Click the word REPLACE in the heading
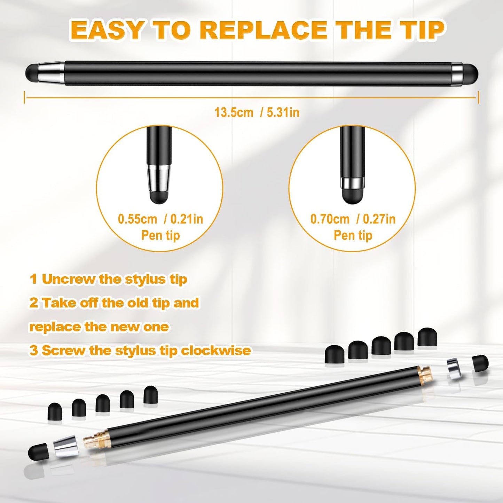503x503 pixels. click(x=264, y=30)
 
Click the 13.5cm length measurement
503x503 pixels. click(x=234, y=112)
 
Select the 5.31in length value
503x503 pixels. click(x=283, y=112)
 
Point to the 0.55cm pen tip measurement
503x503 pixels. click(x=137, y=219)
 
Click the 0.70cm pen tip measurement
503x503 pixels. click(x=330, y=219)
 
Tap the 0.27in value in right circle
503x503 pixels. click(x=379, y=219)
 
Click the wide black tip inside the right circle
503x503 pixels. click(x=353, y=196)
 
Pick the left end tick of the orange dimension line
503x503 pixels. click(x=24, y=97)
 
